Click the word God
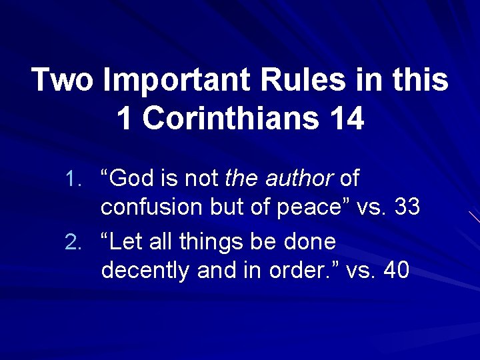coord(131,179)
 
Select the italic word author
coord(299,179)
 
